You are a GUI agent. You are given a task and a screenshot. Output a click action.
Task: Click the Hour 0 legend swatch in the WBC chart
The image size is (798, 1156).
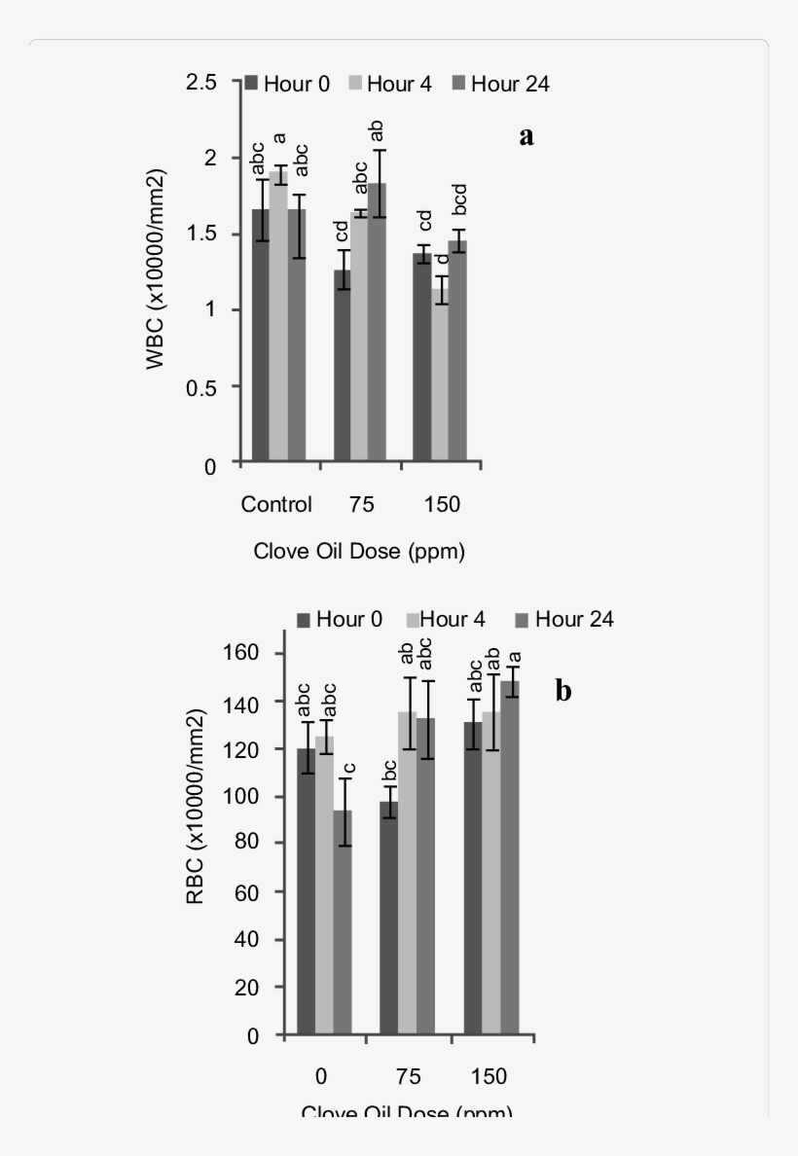(251, 84)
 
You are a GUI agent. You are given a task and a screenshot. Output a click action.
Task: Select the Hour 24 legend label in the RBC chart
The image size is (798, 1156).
(574, 619)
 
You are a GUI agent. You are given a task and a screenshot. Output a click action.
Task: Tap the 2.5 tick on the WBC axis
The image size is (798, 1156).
(203, 83)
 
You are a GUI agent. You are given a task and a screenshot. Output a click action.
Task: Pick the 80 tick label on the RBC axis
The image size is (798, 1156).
(248, 844)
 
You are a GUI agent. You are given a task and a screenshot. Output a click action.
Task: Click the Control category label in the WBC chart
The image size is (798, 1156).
(276, 504)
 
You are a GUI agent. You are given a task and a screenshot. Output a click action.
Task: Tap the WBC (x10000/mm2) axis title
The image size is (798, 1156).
(156, 270)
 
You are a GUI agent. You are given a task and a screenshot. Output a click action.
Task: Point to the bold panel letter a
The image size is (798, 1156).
(526, 136)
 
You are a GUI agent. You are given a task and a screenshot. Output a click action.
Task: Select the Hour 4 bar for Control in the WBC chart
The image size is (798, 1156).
(278, 316)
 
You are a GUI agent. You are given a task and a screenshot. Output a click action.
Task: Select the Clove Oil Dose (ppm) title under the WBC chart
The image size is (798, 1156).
(359, 552)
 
